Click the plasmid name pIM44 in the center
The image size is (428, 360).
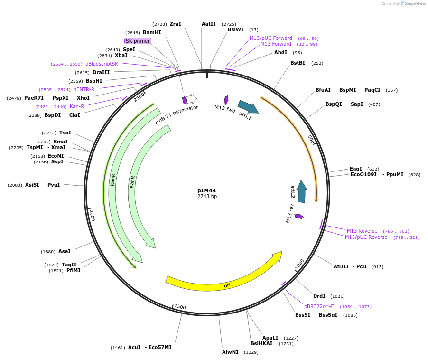[206, 190]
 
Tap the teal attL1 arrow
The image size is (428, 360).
[248, 107]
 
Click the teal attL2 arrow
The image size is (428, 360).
[302, 191]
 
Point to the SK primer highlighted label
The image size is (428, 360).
[138, 41]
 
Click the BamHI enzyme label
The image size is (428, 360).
[152, 33]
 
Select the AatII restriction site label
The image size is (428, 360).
[209, 24]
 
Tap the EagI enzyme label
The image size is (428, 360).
[356, 169]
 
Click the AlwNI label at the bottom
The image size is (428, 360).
[230, 352]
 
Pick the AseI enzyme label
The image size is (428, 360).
[64, 251]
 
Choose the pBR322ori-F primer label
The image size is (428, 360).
[319, 306]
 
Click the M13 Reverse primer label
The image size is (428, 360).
[362, 231]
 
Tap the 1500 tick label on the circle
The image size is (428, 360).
[180, 307]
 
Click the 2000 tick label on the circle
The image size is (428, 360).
[92, 215]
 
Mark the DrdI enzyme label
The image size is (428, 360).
[319, 296]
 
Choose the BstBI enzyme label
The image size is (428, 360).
[298, 63]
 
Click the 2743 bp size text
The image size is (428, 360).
[207, 197]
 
